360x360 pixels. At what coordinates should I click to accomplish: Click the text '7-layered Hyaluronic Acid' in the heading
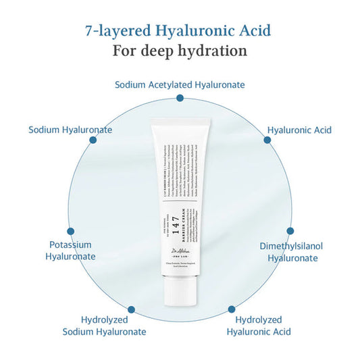click(x=180, y=30)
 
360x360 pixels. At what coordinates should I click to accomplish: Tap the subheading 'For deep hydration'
click(x=180, y=51)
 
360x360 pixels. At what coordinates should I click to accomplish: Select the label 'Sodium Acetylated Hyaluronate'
click(x=180, y=84)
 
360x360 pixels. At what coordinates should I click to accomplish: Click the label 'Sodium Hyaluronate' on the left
click(x=70, y=129)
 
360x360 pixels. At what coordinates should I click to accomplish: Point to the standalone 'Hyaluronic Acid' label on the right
click(x=299, y=129)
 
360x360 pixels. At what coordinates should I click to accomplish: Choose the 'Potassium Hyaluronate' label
click(x=70, y=251)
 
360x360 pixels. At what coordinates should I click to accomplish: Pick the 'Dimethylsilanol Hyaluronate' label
click(x=291, y=251)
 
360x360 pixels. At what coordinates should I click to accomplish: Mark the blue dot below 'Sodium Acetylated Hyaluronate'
click(x=180, y=98)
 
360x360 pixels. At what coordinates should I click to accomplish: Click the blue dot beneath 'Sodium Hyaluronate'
click(x=93, y=140)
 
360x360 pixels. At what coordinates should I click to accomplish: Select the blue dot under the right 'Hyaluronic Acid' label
click(x=267, y=140)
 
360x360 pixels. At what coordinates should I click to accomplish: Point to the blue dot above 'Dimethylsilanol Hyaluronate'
click(x=290, y=230)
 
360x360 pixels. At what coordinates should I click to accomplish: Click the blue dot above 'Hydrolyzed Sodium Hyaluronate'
click(x=131, y=309)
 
